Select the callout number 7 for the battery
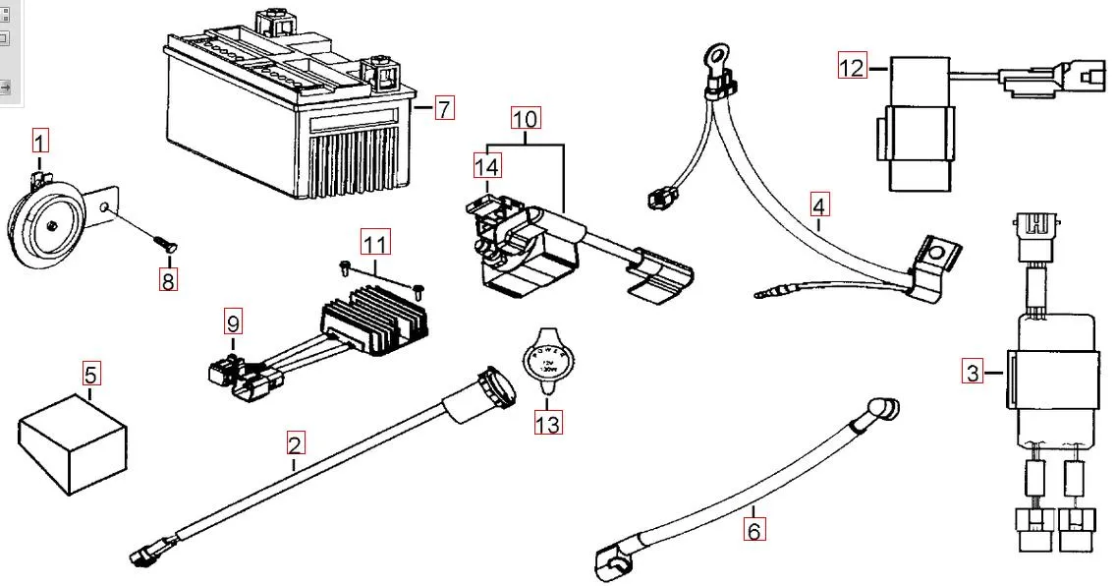[444, 107]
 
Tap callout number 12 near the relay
[852, 68]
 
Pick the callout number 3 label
[973, 372]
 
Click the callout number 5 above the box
[90, 374]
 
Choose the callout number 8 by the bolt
[169, 280]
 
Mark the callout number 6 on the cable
[753, 530]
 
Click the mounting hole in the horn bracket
[105, 209]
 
